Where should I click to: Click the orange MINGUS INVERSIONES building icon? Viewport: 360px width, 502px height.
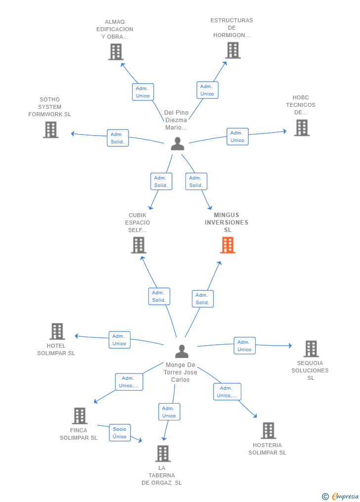(227, 245)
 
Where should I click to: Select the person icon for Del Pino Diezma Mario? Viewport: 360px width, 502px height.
(178, 143)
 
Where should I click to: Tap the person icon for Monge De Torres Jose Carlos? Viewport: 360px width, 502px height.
(182, 351)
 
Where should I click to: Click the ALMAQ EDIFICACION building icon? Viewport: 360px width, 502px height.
(116, 52)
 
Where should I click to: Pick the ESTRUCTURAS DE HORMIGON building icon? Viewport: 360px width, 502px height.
(232, 50)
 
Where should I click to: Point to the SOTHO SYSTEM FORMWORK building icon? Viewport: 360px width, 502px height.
(51, 130)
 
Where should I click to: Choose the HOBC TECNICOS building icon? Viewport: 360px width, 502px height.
(302, 128)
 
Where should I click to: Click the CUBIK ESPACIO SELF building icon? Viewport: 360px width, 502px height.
(138, 245)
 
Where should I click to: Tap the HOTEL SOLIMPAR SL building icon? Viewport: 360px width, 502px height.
(57, 331)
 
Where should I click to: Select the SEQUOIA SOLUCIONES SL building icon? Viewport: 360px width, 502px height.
(311, 349)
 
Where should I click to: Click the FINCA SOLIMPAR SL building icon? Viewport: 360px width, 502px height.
(80, 415)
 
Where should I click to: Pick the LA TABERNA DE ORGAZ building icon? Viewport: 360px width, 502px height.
(163, 454)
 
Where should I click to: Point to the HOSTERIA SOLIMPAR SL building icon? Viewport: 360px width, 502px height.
(269, 430)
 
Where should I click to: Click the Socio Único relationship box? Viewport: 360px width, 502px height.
(120, 433)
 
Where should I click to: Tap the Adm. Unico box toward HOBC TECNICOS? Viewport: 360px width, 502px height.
(237, 137)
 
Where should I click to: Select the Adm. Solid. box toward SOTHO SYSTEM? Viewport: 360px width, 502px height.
(118, 138)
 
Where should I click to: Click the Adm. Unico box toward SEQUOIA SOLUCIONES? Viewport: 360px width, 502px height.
(244, 346)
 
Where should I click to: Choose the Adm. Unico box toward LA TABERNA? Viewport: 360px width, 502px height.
(169, 411)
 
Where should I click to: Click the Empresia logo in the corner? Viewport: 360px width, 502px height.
(341, 496)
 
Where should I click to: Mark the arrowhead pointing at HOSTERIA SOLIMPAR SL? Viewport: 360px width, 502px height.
(255, 416)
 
